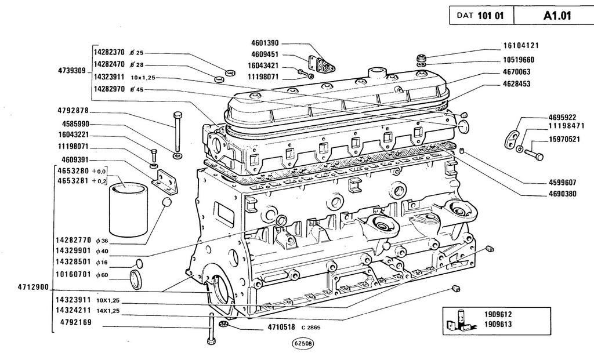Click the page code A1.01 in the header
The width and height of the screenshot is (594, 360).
557,16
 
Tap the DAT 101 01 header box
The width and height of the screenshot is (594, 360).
481,16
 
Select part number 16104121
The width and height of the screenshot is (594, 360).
521,46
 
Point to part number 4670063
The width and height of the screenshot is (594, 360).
517,72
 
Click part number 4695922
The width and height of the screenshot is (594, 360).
563,117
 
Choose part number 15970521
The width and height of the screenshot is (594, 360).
564,139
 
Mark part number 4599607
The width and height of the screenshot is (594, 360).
563,182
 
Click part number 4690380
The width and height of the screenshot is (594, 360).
563,194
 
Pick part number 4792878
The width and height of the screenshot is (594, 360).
73,111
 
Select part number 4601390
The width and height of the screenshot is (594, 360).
265,43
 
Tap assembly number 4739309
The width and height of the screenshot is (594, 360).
72,70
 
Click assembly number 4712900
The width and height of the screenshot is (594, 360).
33,287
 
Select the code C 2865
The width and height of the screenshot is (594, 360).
311,328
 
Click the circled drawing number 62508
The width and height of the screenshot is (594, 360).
303,344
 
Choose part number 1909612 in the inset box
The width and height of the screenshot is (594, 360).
498,315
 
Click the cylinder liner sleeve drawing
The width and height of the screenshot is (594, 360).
128,209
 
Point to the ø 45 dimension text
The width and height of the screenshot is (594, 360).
137,90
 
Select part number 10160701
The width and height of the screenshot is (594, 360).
73,274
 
